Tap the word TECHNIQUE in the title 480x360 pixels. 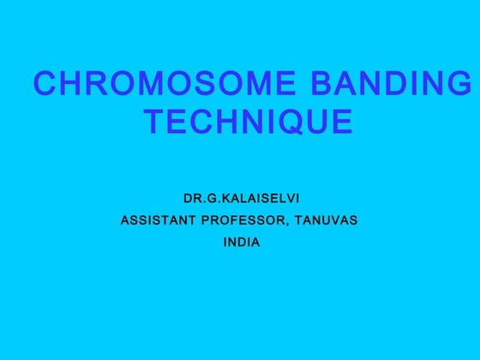click(249, 123)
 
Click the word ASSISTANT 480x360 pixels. click(155, 220)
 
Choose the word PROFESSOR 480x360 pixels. click(245, 220)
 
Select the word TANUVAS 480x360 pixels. click(326, 220)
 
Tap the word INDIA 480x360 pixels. click(241, 243)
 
